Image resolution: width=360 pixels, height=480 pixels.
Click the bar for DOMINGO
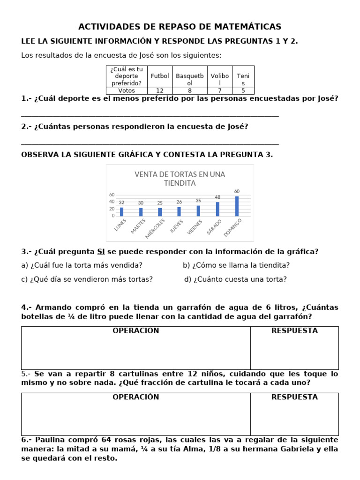237,206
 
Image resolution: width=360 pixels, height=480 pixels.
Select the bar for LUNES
121,212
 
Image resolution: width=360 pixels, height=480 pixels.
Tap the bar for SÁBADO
217,209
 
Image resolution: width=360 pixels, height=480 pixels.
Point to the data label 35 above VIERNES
198,200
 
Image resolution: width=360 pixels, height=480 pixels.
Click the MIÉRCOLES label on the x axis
156,227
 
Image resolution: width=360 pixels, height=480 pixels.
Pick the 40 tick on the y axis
112,202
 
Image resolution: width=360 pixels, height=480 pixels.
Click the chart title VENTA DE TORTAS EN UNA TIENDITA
180,178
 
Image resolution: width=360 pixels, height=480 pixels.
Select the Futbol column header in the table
159,76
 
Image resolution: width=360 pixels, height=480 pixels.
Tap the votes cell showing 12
159,90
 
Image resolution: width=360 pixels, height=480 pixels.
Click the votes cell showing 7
219,90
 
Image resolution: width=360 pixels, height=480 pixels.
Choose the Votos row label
127,90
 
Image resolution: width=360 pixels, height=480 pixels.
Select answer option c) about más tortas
87,279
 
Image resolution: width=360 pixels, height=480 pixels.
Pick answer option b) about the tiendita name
236,265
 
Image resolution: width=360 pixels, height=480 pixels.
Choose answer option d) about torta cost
235,279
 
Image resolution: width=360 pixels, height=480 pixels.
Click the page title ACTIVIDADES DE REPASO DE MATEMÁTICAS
180,27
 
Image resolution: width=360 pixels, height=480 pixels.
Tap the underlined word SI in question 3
101,252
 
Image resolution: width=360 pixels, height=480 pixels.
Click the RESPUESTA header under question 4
294,331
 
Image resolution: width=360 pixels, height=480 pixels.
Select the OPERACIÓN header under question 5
135,397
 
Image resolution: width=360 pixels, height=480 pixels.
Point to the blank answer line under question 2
150,143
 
